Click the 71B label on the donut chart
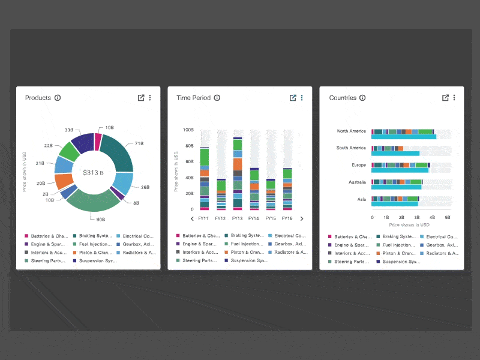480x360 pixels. (x=139, y=144)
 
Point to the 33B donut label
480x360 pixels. (x=69, y=130)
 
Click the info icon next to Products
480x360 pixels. (x=58, y=98)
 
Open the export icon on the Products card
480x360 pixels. (x=141, y=98)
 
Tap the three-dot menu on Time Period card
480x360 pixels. (x=302, y=98)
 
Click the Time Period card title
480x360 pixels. (x=193, y=98)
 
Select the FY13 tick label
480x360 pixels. (x=237, y=219)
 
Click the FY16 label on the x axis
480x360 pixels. (x=287, y=219)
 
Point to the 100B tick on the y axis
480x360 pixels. (x=188, y=130)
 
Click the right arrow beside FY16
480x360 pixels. (x=301, y=219)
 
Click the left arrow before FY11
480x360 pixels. (x=192, y=219)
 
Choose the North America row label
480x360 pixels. (x=351, y=131)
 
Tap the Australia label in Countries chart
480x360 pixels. (x=354, y=182)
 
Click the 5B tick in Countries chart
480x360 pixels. (x=447, y=218)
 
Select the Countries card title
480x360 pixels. (x=343, y=98)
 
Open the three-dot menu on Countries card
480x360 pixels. (x=454, y=98)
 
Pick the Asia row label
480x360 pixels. (x=361, y=199)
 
